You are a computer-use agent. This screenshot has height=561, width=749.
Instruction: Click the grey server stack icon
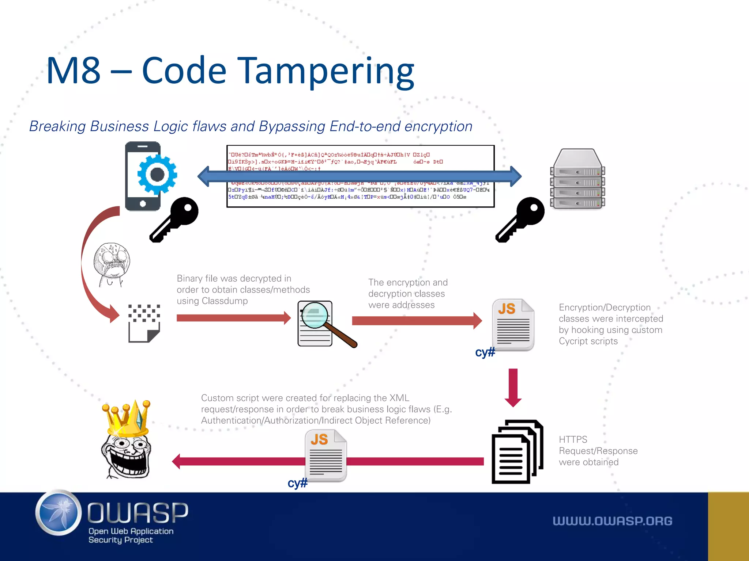point(577,179)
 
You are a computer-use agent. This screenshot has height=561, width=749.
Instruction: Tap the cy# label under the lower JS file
point(297,483)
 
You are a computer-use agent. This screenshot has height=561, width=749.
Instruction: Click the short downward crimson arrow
point(513,387)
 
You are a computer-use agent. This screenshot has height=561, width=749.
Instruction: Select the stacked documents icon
point(517,452)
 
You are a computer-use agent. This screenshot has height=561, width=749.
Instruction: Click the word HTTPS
point(573,439)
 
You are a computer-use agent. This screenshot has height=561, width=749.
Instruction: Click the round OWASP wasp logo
point(59,513)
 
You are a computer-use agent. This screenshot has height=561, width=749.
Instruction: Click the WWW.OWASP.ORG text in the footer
point(612,521)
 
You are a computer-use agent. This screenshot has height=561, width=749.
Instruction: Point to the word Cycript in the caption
point(573,341)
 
